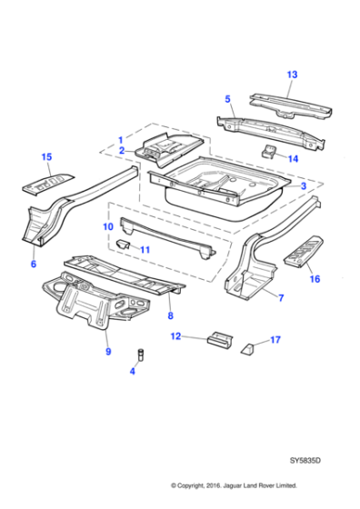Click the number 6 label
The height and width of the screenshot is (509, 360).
coord(34,264)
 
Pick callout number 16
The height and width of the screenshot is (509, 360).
coord(315,279)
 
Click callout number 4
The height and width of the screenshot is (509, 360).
coord(134,370)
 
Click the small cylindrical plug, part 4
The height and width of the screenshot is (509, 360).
coord(141,353)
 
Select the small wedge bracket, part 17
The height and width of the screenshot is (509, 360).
coord(248,347)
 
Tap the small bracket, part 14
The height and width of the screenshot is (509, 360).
coord(269,150)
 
